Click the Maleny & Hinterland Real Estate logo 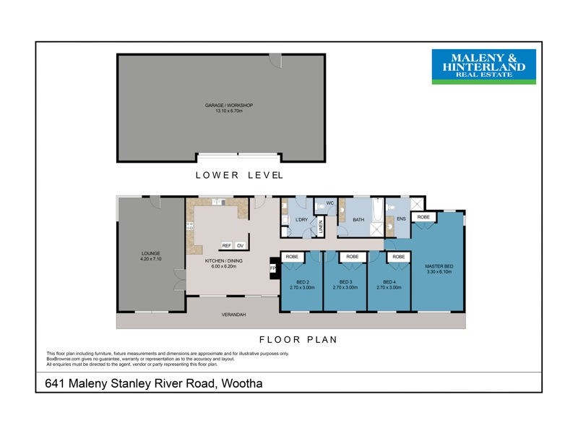(x=483, y=67)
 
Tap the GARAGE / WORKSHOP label (x=228, y=109)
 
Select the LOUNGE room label (x=150, y=256)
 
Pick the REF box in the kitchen (x=226, y=246)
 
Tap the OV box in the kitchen (x=241, y=246)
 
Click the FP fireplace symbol (x=273, y=268)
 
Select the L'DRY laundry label (x=302, y=220)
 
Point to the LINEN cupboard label (x=320, y=228)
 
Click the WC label (x=329, y=203)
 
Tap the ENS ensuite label (x=401, y=218)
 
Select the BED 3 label (x=346, y=284)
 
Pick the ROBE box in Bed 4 (x=398, y=257)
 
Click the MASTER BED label (x=438, y=269)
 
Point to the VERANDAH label (x=233, y=315)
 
